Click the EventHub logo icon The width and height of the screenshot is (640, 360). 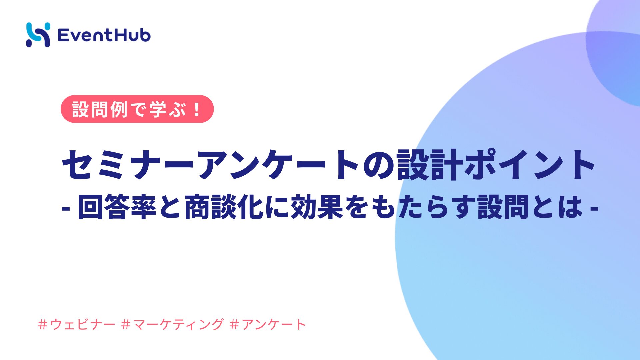38,35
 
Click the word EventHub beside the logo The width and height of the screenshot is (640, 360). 104,35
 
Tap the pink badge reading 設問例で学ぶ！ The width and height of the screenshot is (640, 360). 137,109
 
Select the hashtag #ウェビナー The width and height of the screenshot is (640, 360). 77,324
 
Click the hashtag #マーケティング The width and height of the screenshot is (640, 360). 173,324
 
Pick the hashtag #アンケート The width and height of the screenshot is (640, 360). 268,324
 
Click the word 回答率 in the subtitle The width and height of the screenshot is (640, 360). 117,207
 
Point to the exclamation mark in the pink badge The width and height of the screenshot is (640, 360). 197,109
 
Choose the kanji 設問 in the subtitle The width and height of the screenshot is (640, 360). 503,207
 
